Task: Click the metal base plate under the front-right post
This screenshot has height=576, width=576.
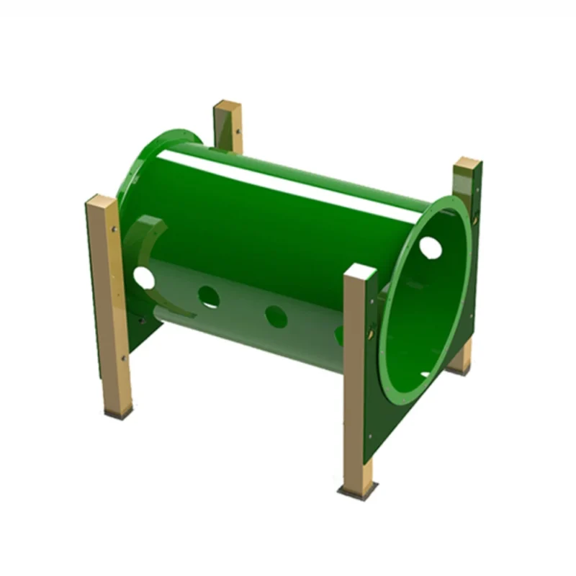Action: pyautogui.click(x=358, y=492)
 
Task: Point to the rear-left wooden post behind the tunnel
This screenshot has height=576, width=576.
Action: pyautogui.click(x=228, y=126)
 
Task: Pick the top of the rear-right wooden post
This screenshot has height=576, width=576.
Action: pyautogui.click(x=468, y=163)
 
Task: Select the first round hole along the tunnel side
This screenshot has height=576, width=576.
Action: pyautogui.click(x=209, y=297)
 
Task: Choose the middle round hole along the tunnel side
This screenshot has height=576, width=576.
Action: pyautogui.click(x=276, y=315)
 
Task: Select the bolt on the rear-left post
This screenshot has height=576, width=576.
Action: pyautogui.click(x=237, y=132)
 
